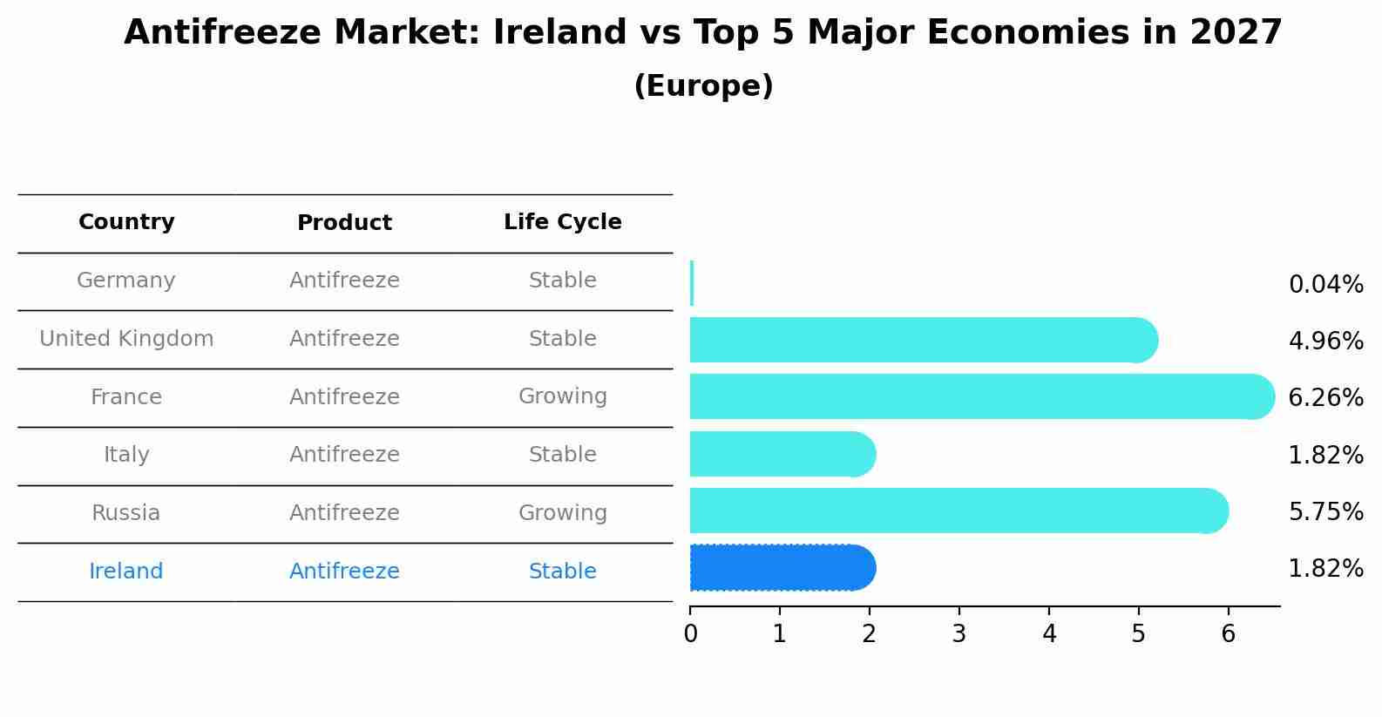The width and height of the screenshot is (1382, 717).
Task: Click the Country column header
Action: point(126,222)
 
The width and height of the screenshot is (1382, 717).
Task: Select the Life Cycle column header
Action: point(562,222)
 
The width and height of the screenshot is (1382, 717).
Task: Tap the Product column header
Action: point(344,223)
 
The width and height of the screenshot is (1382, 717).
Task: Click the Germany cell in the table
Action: point(126,281)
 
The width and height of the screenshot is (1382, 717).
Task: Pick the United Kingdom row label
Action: point(126,339)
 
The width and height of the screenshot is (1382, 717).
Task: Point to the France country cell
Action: point(126,397)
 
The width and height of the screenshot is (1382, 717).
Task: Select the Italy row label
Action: point(126,455)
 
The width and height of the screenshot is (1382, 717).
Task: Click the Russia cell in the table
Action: point(126,513)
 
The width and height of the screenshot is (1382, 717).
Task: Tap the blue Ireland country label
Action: point(126,572)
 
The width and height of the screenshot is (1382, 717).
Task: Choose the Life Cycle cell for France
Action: point(562,396)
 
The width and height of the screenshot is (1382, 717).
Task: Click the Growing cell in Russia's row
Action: point(562,513)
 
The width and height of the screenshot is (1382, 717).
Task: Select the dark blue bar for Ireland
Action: point(780,568)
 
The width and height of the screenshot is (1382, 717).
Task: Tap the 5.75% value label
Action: point(1325,511)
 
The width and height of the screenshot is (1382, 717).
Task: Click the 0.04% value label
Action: point(1325,285)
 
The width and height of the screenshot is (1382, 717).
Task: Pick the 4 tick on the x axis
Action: point(1049,633)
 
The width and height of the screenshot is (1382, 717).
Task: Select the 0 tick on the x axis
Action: point(690,633)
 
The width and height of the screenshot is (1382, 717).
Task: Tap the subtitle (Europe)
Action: point(703,86)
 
